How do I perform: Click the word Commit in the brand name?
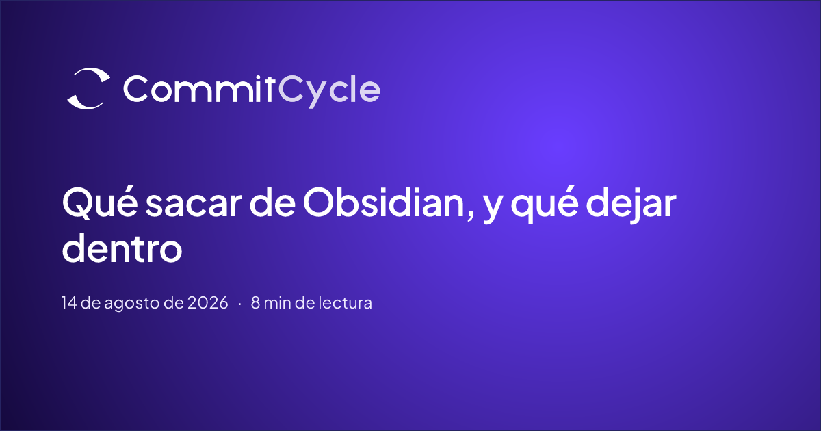[x=199, y=89]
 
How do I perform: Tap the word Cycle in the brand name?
[x=329, y=91]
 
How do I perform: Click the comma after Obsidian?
[x=471, y=215]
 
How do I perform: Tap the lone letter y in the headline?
[x=492, y=209]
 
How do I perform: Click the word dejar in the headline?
[x=631, y=205]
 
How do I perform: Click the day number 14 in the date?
[x=69, y=302]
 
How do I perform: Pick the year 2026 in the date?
[x=207, y=302]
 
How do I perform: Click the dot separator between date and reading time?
[x=239, y=304]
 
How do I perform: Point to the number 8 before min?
[x=255, y=302]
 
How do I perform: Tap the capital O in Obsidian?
[x=319, y=202]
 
